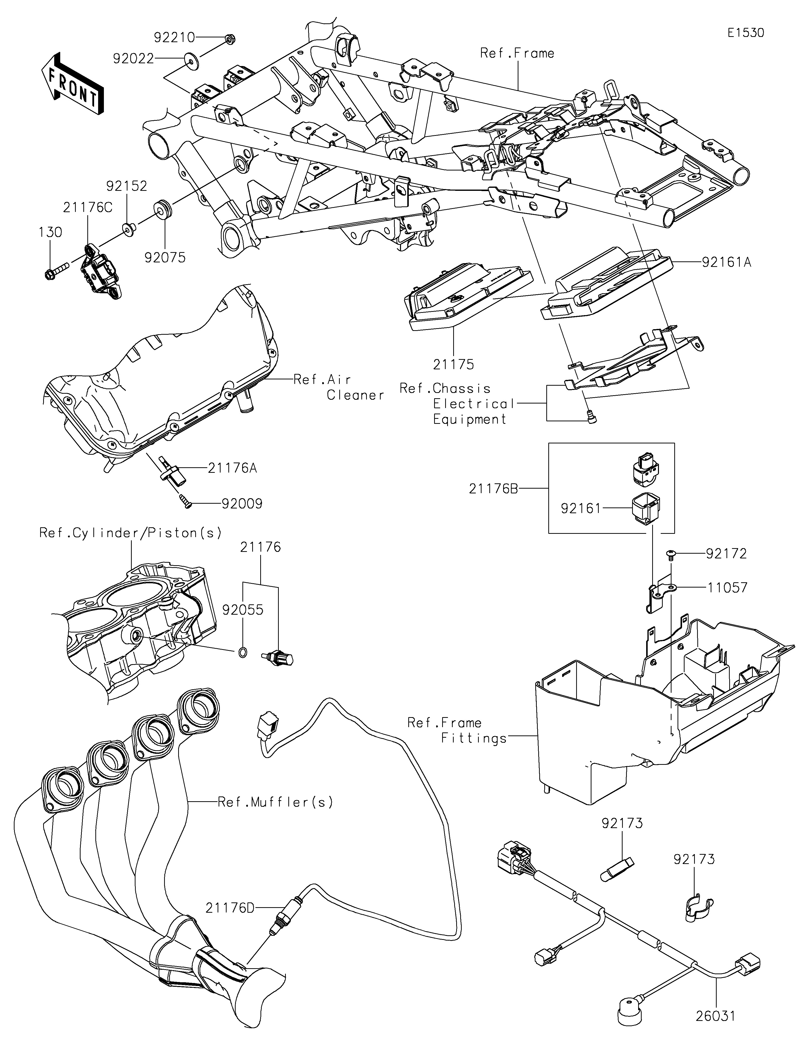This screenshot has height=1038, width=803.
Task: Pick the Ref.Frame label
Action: click(517, 53)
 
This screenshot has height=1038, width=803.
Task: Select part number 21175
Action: click(453, 365)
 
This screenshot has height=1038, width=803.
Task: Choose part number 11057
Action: click(727, 588)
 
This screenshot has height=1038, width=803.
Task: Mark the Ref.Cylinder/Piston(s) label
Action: click(130, 533)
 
